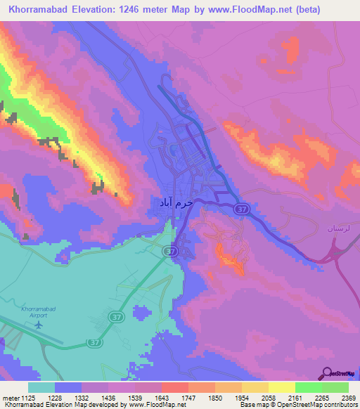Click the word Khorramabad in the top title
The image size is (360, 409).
[x=39, y=10]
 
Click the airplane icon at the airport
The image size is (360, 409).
[x=39, y=325]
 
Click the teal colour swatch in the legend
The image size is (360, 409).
[x=41, y=387]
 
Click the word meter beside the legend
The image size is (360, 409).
[x=11, y=398]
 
